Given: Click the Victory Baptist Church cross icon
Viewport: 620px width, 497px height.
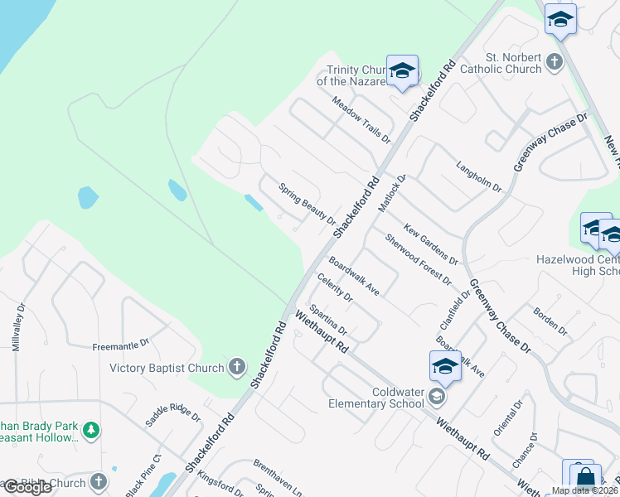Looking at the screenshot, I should (x=237, y=368).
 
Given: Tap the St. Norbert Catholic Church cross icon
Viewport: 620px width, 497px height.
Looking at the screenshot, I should (x=555, y=62).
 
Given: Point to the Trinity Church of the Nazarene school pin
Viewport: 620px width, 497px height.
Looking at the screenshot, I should (x=402, y=72).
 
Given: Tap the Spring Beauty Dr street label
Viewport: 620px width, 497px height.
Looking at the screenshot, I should (x=307, y=204).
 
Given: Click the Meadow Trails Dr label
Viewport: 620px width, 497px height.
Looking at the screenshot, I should (x=361, y=119).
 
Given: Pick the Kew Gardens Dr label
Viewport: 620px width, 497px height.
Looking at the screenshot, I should (x=431, y=244).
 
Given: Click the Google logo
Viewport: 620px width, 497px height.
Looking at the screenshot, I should (x=27, y=488).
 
